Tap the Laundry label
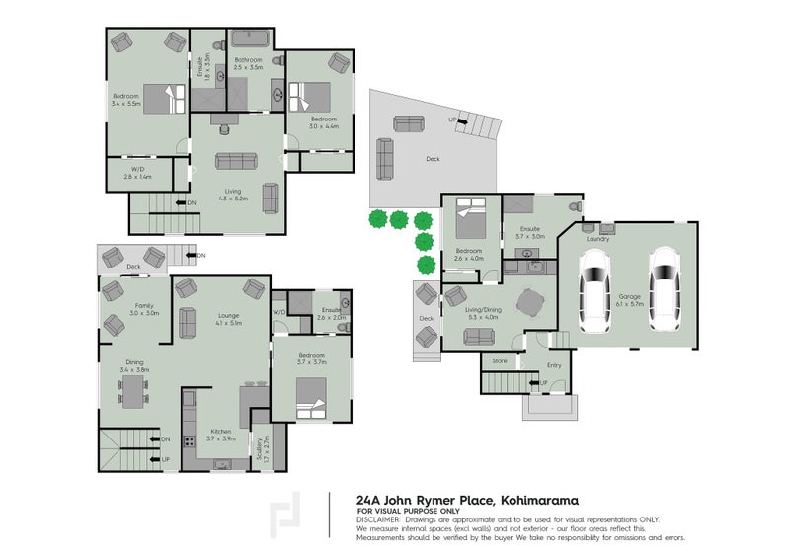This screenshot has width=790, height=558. (597, 239)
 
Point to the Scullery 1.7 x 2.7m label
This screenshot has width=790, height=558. (261, 452)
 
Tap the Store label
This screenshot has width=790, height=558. (500, 361)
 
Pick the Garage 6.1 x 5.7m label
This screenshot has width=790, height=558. (630, 300)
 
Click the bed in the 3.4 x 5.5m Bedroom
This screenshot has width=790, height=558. (164, 98)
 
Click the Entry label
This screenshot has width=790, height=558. (554, 365)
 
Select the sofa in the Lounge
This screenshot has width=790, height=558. (187, 325)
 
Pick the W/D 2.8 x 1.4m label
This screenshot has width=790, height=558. (137, 174)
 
